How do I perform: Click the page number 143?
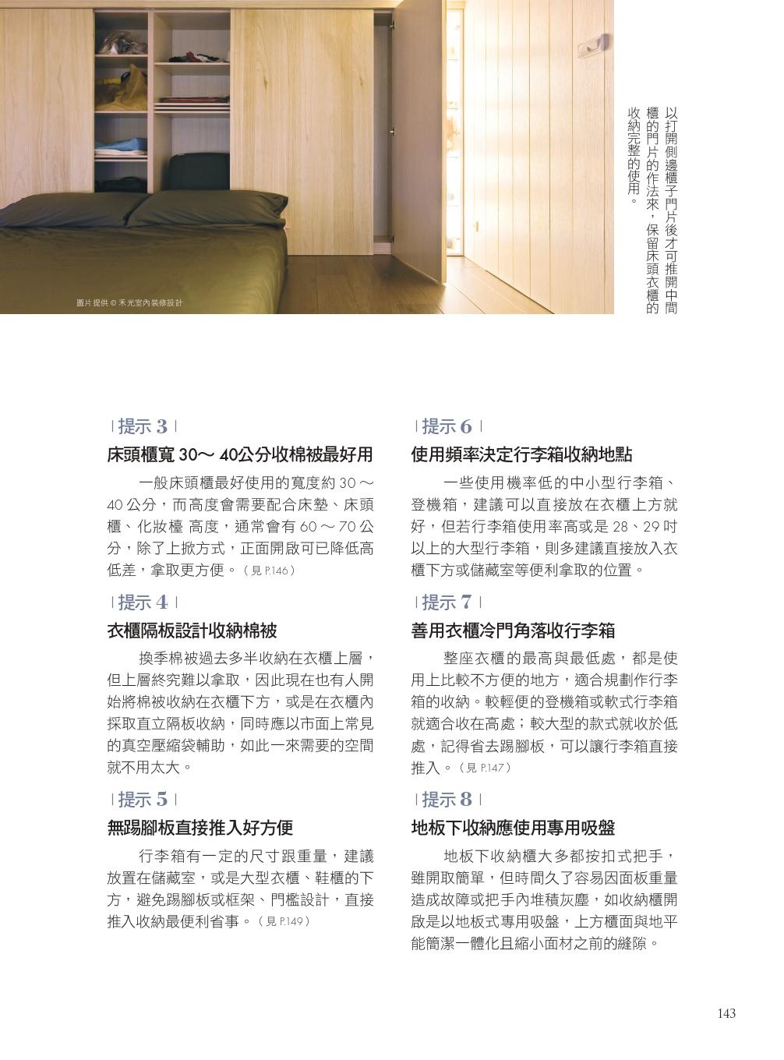(726, 1013)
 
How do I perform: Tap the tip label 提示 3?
(143, 426)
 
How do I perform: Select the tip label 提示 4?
(143, 602)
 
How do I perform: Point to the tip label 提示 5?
(143, 800)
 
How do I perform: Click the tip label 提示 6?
(447, 426)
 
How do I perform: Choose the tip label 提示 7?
(447, 602)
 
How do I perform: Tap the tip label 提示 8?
(447, 800)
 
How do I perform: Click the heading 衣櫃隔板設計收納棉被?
(192, 631)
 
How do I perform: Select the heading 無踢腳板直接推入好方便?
(200, 828)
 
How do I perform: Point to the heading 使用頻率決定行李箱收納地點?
(522, 454)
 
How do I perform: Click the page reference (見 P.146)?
(270, 571)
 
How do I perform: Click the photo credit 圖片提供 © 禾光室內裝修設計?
(129, 303)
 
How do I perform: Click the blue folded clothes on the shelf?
(122, 146)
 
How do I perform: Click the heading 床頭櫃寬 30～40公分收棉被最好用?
(240, 454)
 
